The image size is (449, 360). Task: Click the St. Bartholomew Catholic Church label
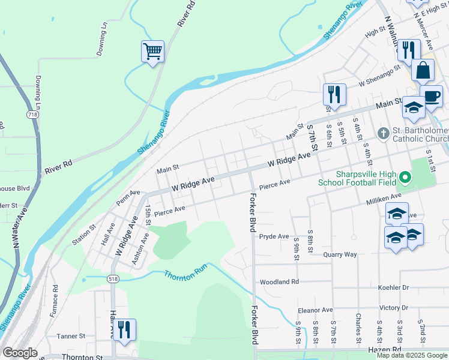(420, 135)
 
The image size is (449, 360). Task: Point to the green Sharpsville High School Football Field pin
(405, 178)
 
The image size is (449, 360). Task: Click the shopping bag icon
(423, 70)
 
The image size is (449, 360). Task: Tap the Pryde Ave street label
(274, 236)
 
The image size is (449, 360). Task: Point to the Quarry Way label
(340, 254)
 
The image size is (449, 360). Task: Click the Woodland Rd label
(279, 282)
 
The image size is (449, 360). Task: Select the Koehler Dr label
(393, 288)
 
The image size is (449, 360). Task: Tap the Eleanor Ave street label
(315, 310)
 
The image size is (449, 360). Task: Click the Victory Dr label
(393, 308)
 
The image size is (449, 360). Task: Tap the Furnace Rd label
(55, 302)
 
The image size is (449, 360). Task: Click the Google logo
(20, 353)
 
